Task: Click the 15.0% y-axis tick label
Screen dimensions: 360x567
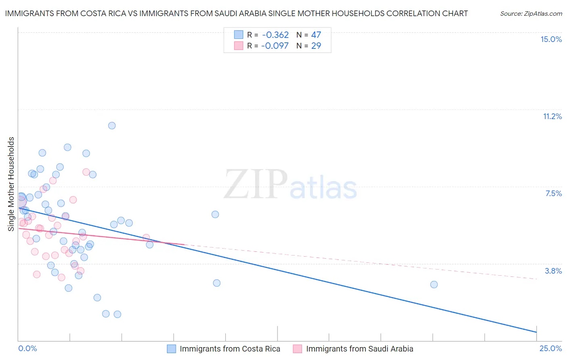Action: tap(551, 39)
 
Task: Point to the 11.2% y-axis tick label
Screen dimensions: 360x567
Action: tap(552, 116)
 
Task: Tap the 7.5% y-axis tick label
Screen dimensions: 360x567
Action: tap(553, 193)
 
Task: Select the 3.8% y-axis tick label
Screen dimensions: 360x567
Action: tap(553, 271)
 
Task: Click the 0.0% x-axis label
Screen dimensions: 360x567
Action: tap(27, 348)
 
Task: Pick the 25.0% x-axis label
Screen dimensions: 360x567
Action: tap(550, 348)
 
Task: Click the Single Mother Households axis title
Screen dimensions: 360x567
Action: tap(11, 184)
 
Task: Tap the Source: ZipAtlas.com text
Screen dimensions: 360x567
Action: tap(531, 13)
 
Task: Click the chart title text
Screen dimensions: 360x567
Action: tap(236, 13)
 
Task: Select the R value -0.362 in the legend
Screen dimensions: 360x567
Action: tap(275, 35)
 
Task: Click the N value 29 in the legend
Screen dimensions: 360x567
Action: tap(316, 46)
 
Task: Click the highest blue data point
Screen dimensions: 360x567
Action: tap(112, 126)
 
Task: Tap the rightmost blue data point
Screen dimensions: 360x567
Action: tap(434, 285)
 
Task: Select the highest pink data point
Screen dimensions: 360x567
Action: tap(86, 172)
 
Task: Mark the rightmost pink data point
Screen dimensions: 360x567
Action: tap(146, 238)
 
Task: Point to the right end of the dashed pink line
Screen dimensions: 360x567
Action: tap(537, 279)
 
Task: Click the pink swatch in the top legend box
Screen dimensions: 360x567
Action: tap(239, 46)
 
